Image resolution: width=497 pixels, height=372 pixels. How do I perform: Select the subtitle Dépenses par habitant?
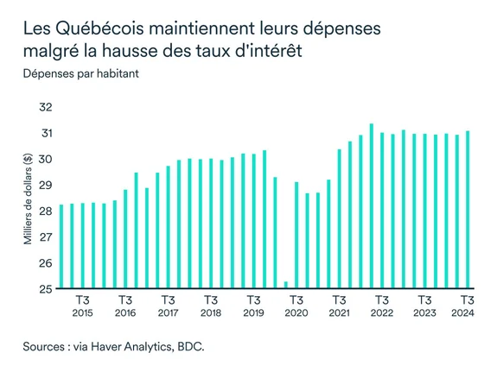(x=81, y=73)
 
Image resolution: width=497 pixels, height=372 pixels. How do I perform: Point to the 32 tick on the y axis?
(x=45, y=108)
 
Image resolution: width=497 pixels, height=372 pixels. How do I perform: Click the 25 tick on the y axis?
(x=45, y=289)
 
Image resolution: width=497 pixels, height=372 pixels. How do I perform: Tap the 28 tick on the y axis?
(x=45, y=211)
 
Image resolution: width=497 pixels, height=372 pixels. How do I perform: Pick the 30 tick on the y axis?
(x=45, y=160)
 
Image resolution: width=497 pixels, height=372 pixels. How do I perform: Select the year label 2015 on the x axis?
(x=82, y=312)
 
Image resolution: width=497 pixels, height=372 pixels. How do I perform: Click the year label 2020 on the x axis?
(x=296, y=312)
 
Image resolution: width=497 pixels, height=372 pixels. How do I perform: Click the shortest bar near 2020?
(x=286, y=285)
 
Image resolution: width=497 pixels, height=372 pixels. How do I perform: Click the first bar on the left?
(x=61, y=247)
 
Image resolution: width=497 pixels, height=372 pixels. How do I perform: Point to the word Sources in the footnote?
(x=47, y=347)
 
